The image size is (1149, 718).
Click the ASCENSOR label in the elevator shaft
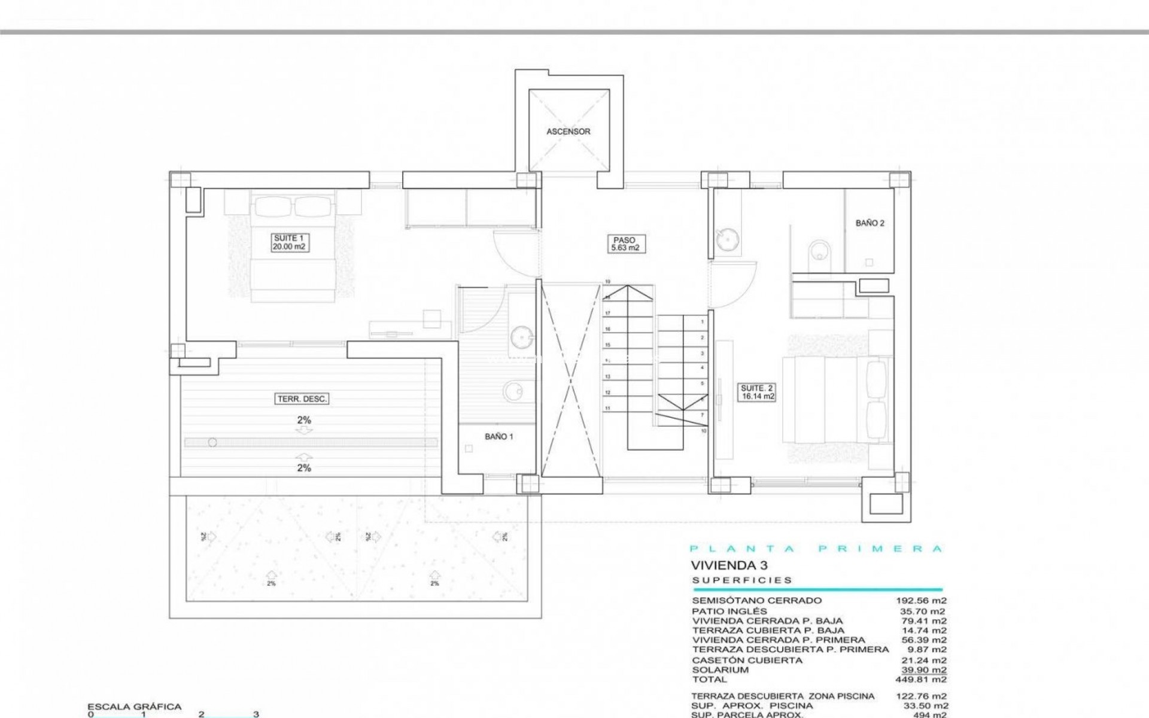pyautogui.click(x=568, y=132)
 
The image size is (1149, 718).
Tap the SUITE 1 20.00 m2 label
pyautogui.click(x=290, y=242)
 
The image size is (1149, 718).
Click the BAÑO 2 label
pyautogui.click(x=870, y=223)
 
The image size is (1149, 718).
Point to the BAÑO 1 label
pyautogui.click(x=498, y=437)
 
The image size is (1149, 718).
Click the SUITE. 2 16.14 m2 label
pyautogui.click(x=758, y=392)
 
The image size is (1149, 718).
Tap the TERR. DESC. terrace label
pyautogui.click(x=303, y=399)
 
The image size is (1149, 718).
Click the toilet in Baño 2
pyautogui.click(x=817, y=252)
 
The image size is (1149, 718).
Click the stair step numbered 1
pyautogui.click(x=702, y=322)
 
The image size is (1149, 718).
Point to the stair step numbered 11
pyautogui.click(x=607, y=409)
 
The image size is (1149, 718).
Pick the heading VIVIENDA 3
pyautogui.click(x=729, y=565)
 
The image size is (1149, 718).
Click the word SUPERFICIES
pyautogui.click(x=742, y=580)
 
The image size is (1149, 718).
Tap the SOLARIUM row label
pyautogui.click(x=720, y=670)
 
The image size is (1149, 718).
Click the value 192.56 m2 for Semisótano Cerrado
pyautogui.click(x=924, y=600)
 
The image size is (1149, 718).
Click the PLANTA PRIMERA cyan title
pyautogui.click(x=816, y=549)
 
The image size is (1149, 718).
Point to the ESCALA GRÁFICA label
pyautogui.click(x=134, y=707)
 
